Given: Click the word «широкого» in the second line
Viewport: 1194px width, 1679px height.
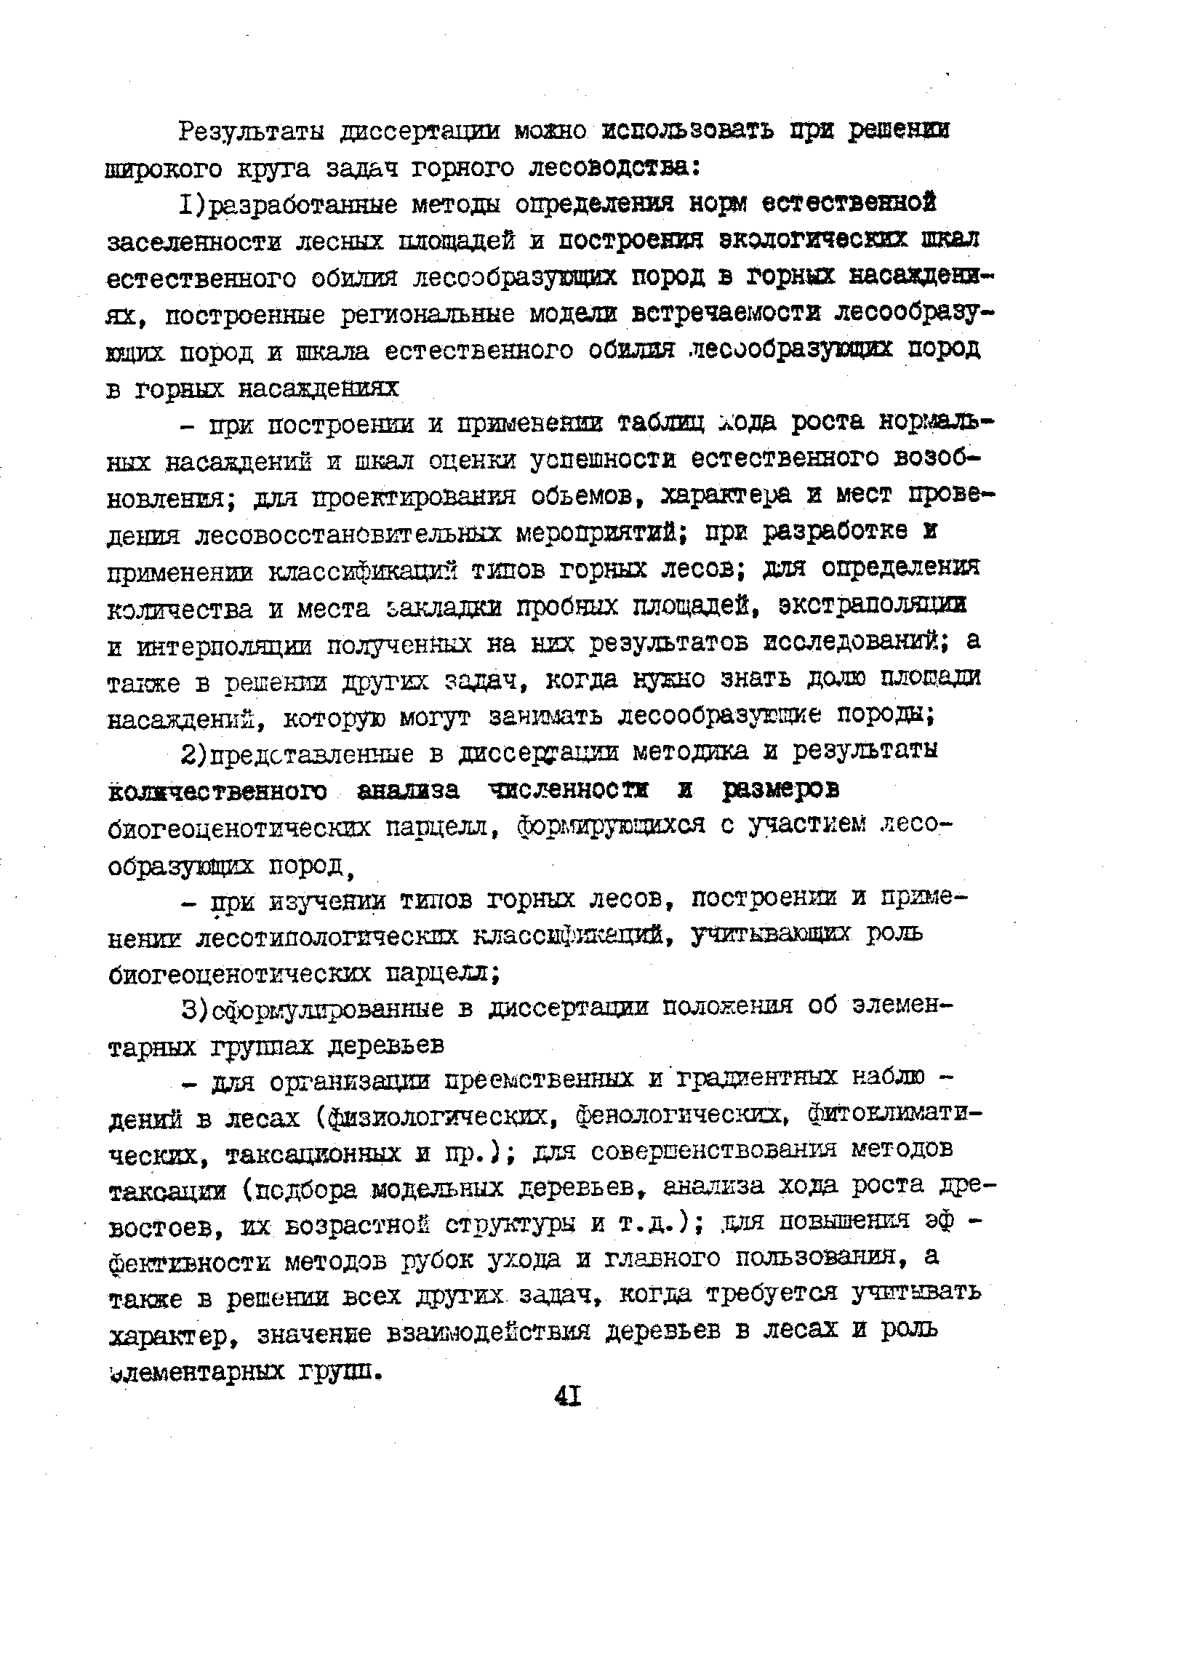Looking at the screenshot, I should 163,170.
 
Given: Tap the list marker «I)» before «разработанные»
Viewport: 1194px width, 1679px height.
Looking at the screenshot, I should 191,204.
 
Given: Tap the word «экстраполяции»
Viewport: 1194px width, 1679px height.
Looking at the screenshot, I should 873,605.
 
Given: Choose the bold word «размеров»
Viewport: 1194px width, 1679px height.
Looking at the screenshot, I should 780,790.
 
